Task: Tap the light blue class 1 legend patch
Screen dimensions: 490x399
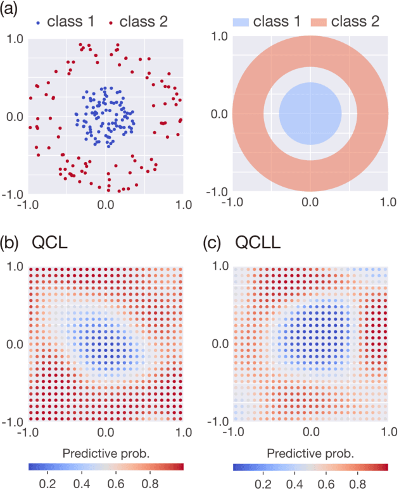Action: (x=239, y=22)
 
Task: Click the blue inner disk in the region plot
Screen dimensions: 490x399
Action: (x=310, y=114)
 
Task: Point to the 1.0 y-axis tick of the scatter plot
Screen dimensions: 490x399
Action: (x=15, y=39)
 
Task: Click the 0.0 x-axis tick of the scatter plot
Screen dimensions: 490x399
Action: (x=106, y=205)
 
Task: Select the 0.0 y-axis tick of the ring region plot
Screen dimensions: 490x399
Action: (x=218, y=115)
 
